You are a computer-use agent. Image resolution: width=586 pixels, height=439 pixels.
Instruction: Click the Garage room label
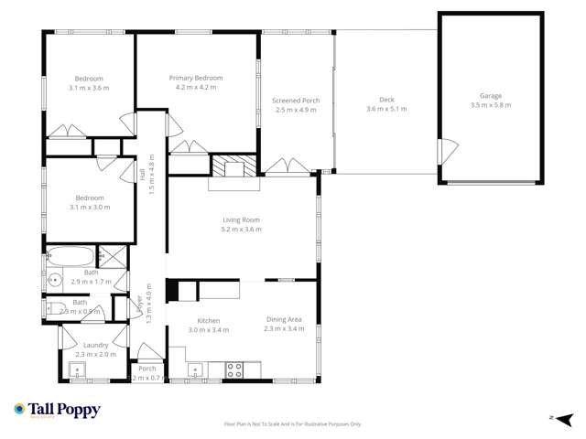490,95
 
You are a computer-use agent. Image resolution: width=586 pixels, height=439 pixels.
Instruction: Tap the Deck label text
386,100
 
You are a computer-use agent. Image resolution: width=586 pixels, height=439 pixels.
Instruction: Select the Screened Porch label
294,100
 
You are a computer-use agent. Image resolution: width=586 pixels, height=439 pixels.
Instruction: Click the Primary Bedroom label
196,79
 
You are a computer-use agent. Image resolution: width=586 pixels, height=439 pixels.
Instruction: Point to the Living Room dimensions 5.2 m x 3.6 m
242,230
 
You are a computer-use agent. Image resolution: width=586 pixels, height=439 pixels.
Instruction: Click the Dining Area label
283,319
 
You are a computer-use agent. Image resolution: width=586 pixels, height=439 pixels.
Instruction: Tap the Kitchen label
209,320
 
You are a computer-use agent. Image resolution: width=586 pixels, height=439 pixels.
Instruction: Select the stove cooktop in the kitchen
233,370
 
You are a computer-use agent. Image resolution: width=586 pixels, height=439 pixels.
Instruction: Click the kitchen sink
195,371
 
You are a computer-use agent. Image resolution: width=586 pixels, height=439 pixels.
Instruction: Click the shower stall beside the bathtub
107,256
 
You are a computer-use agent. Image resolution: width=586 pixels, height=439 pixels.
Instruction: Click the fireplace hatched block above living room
235,166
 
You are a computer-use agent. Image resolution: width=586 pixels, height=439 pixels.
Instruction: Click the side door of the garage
444,152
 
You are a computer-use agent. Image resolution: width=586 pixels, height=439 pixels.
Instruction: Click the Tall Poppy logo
57,411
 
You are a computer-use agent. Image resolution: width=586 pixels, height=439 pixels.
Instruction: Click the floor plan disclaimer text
292,424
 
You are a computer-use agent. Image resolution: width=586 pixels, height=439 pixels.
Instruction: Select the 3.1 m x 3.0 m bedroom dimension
90,208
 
